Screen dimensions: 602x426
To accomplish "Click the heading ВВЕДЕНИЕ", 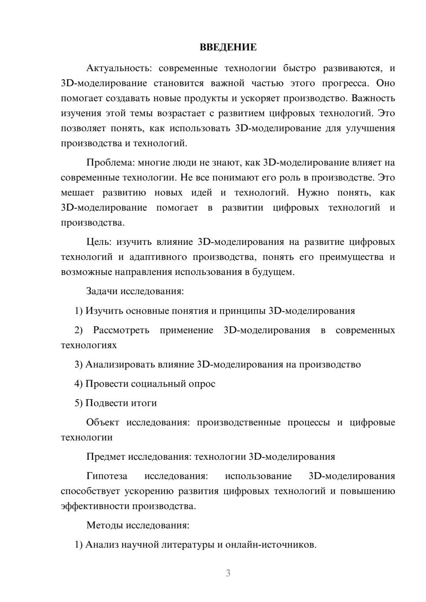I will point(228,47).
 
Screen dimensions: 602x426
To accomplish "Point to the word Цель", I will point(98,242).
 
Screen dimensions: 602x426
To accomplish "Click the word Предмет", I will point(105,457).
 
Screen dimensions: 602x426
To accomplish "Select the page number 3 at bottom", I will point(228,573).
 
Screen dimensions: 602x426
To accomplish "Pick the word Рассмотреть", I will point(121,330).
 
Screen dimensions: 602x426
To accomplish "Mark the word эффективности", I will point(95,506).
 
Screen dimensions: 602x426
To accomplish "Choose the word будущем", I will point(273,272).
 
